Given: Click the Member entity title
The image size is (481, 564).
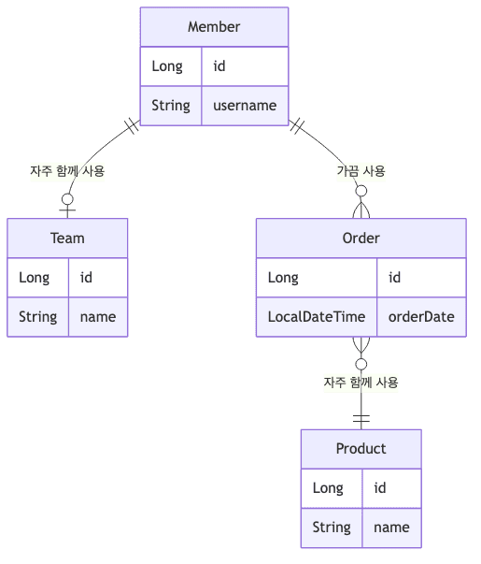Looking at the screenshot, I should click(x=214, y=27).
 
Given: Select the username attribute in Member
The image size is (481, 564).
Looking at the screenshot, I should click(x=245, y=105).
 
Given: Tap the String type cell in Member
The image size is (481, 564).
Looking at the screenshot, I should click(x=171, y=105).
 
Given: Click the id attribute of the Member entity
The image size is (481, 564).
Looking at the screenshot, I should click(x=219, y=66).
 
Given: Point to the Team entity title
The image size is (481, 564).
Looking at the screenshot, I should click(x=67, y=238).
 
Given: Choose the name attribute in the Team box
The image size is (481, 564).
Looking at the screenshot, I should click(x=98, y=316).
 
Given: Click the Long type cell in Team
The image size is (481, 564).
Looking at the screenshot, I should click(x=35, y=277).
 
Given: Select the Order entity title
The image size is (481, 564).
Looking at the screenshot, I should click(x=361, y=238).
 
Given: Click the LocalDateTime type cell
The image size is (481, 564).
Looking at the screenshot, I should click(x=317, y=316).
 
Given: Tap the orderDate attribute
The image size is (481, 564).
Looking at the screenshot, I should click(x=421, y=316).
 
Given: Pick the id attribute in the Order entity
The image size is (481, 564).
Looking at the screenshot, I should click(x=394, y=277).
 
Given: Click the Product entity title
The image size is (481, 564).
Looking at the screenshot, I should click(x=361, y=448).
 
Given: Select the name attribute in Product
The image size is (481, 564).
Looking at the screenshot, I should click(x=391, y=527).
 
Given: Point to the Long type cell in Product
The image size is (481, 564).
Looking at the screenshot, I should click(x=328, y=487).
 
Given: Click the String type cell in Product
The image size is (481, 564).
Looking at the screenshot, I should click(x=332, y=527).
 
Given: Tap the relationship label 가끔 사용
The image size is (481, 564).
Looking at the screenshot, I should click(x=361, y=171).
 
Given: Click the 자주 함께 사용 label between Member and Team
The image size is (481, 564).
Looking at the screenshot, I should click(x=67, y=171).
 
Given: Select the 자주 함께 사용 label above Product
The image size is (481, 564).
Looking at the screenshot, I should click(x=361, y=383).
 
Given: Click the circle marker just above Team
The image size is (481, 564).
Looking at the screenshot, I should click(x=67, y=198).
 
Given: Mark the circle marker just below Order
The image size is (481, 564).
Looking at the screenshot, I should click(x=361, y=364).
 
